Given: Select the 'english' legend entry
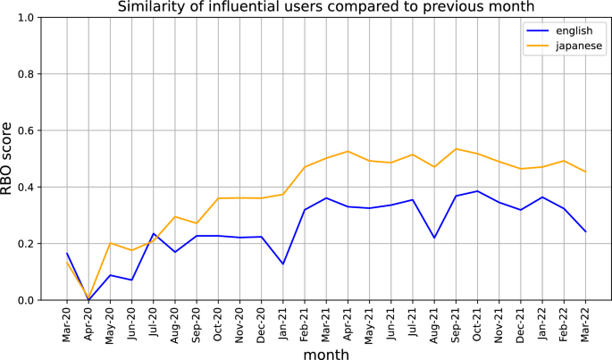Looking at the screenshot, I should click(561, 29).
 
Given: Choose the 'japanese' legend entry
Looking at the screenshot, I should click(566, 45).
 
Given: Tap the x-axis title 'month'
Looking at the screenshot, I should click(325, 353).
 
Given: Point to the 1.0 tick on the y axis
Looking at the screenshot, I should click(25, 18).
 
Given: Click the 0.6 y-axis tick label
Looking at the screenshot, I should click(25, 130).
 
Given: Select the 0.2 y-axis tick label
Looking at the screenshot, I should click(25, 244).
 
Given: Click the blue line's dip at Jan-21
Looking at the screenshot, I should click(282, 264).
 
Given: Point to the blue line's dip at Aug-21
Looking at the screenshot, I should click(433, 238).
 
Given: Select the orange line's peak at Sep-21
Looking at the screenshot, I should click(456, 149).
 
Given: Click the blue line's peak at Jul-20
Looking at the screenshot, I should click(153, 234).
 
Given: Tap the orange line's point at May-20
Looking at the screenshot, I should click(110, 243).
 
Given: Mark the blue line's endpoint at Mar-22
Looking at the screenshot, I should click(585, 231).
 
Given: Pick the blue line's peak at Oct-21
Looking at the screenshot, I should click(477, 191).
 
